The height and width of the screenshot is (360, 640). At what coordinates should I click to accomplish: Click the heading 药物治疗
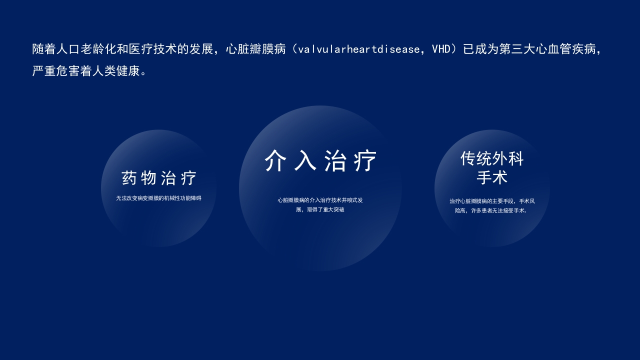pyautogui.click(x=159, y=178)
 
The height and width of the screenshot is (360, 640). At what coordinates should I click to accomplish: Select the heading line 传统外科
pyautogui.click(x=492, y=159)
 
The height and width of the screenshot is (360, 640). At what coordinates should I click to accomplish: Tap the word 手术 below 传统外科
pyautogui.click(x=492, y=177)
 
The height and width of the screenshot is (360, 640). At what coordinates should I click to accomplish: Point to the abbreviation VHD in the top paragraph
pyautogui.click(x=441, y=49)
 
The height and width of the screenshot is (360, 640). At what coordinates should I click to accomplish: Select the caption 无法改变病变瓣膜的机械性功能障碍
pyautogui.click(x=159, y=198)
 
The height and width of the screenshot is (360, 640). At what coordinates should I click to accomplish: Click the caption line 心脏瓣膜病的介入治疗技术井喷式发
pyautogui.click(x=320, y=200)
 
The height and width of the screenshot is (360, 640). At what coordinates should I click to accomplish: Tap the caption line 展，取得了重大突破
pyautogui.click(x=320, y=210)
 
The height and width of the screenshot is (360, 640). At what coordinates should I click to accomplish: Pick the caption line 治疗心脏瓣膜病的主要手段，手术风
pyautogui.click(x=492, y=201)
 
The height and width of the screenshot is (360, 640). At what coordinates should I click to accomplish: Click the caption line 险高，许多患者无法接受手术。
pyautogui.click(x=492, y=211)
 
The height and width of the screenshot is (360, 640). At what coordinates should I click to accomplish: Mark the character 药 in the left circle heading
pyautogui.click(x=129, y=178)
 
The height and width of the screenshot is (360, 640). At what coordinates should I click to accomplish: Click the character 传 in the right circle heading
pyautogui.click(x=468, y=159)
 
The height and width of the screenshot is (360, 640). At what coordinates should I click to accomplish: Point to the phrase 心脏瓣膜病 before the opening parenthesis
pyautogui.click(x=255, y=49)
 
